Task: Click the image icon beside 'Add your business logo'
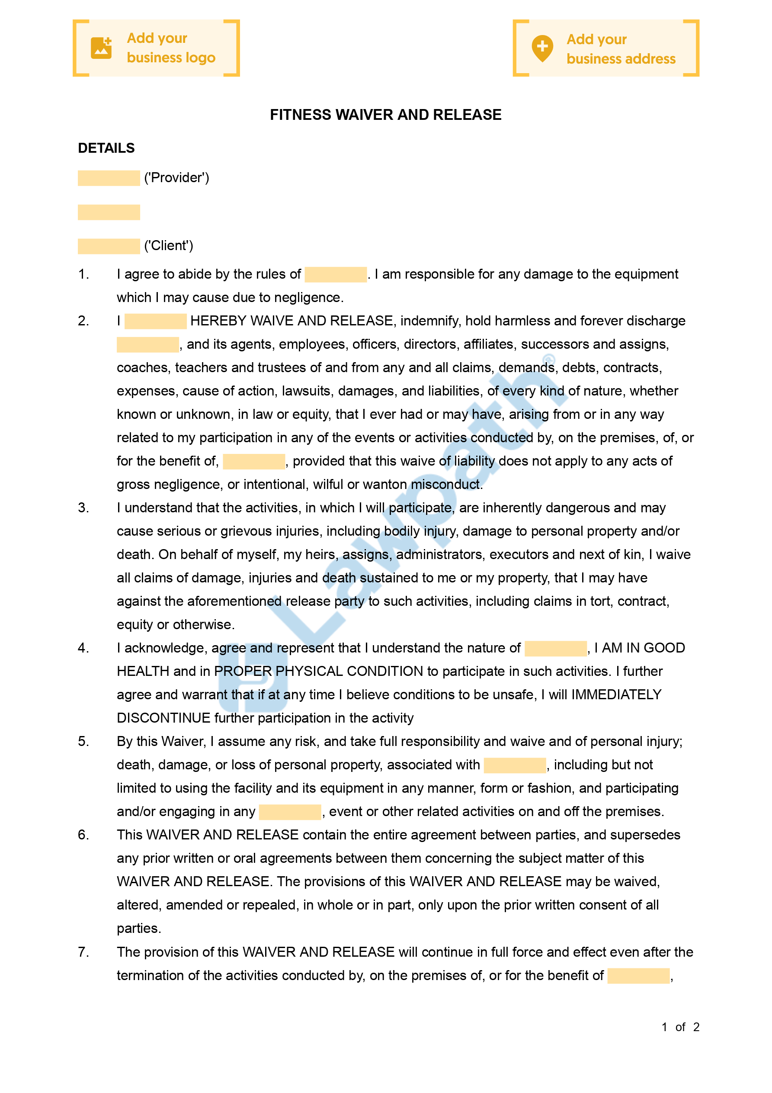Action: click(x=101, y=48)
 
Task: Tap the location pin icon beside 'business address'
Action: click(x=542, y=48)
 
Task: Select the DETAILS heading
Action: click(x=106, y=148)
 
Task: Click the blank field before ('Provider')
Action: click(x=109, y=178)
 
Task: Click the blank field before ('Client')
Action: click(x=109, y=246)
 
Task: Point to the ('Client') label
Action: click(x=169, y=246)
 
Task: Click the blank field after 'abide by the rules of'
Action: click(x=336, y=275)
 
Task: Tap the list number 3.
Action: click(x=83, y=508)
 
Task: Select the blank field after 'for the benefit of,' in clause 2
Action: click(x=254, y=461)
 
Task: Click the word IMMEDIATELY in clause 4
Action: click(x=616, y=694)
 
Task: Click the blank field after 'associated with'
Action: click(x=515, y=765)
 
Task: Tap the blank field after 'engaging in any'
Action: click(x=290, y=812)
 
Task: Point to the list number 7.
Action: click(x=83, y=952)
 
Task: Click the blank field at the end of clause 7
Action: click(x=638, y=975)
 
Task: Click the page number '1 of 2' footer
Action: click(x=680, y=1027)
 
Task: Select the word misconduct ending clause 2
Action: click(x=446, y=485)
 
